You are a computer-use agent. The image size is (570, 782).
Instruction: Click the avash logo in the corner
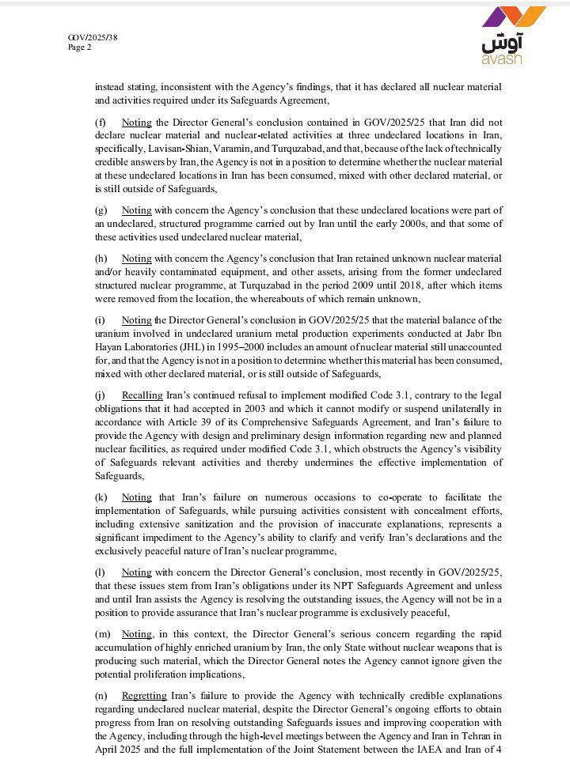point(513,36)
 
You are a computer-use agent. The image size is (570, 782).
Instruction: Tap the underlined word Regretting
point(144,695)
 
